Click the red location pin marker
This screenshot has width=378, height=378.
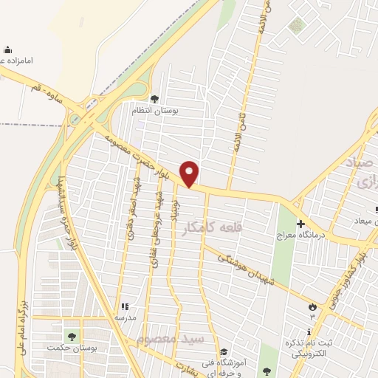point(190,173)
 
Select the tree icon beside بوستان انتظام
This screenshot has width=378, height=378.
point(154,99)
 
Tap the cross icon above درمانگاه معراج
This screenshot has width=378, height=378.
point(300,224)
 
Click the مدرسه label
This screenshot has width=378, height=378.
point(125,317)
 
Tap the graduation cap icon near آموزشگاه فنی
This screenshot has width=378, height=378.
point(223,351)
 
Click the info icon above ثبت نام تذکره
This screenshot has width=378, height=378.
point(309,332)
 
